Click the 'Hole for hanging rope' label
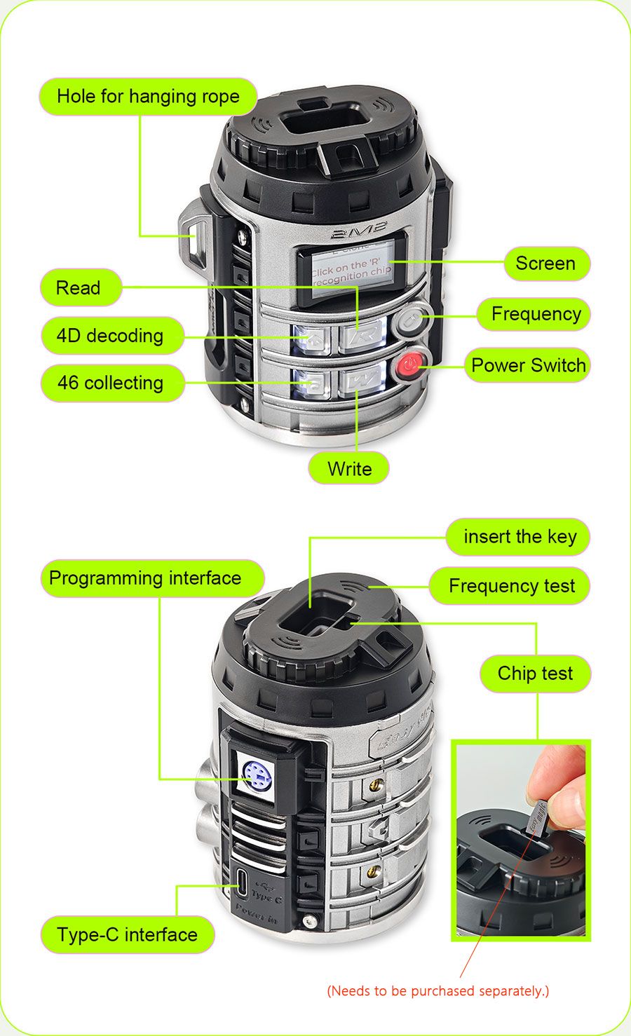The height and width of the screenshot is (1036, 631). click(148, 97)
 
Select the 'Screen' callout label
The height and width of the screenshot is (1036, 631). click(545, 264)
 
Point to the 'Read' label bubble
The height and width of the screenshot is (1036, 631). click(79, 288)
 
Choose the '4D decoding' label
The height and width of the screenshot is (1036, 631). click(110, 336)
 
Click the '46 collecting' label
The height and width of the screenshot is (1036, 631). click(110, 383)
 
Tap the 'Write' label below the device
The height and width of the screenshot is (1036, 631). click(349, 469)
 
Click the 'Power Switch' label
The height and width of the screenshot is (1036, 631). click(528, 365)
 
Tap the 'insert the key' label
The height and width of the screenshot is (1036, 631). click(520, 537)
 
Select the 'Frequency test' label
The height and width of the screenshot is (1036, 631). click(511, 586)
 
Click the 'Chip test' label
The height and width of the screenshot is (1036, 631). click(535, 674)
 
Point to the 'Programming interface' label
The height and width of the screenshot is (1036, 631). click(145, 578)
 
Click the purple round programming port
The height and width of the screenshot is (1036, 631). click(257, 775)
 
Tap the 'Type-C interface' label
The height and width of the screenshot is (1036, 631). click(127, 935)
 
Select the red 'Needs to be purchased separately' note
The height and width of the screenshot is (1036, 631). click(438, 990)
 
